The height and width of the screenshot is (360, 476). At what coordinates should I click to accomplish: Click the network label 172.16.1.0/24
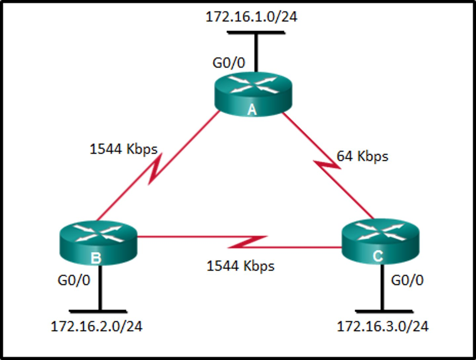coord(252,17)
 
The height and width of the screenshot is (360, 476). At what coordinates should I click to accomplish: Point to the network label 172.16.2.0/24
coord(97,327)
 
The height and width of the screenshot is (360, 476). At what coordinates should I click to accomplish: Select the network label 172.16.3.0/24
coord(382,327)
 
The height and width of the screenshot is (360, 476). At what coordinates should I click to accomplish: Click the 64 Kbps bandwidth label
coord(362,156)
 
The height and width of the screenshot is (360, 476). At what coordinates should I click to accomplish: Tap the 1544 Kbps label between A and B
coord(124,149)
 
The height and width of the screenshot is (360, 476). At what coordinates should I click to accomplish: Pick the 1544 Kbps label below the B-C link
coord(240,266)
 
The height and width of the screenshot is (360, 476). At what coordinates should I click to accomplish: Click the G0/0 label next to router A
coord(229,63)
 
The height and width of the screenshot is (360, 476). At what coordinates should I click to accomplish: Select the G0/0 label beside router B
coord(74,280)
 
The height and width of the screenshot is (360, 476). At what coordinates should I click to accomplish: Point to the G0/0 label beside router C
coord(407,280)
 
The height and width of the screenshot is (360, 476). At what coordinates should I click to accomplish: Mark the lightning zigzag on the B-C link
coord(248,242)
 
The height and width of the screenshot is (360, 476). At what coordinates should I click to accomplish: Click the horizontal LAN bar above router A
coord(256,32)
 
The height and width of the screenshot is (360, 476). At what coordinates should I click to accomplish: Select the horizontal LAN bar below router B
coord(98,311)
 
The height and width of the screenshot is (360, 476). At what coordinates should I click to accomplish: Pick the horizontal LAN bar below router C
coord(384,311)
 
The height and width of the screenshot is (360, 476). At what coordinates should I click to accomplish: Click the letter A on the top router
coord(252,109)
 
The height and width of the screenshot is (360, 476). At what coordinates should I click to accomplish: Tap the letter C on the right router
coord(378,256)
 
